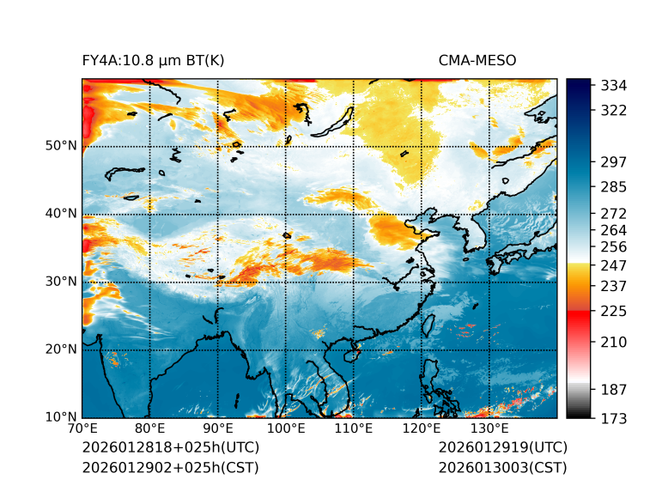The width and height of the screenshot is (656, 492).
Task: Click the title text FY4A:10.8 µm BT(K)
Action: click(x=153, y=61)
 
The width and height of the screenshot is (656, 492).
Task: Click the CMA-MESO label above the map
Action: click(x=477, y=61)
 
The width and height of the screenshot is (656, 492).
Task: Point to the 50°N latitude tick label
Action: click(x=61, y=146)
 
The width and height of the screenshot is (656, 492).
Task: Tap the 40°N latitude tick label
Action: click(x=61, y=214)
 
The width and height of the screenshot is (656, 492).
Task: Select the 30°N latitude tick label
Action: click(x=61, y=282)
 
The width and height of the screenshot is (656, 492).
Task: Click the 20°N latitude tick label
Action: click(x=61, y=349)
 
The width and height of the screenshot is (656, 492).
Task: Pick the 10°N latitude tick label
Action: click(x=61, y=417)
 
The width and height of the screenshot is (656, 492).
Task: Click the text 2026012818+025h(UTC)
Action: click(x=171, y=448)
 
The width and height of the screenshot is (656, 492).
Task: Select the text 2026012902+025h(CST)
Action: click(x=170, y=468)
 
